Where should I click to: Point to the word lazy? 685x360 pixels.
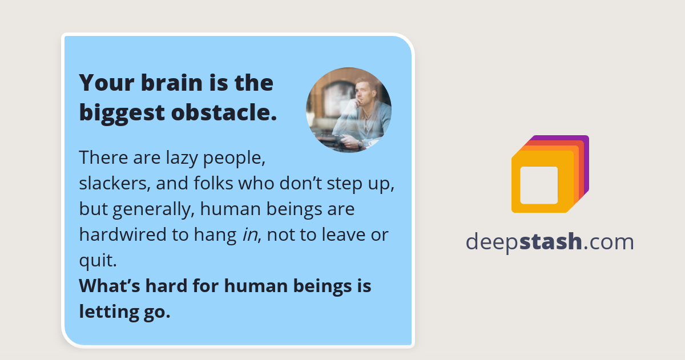[168, 157]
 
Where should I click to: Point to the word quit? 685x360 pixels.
[98, 261]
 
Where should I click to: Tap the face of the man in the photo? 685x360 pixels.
[362, 92]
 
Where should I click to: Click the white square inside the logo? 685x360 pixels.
[539, 185]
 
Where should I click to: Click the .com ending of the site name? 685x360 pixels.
[609, 242]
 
